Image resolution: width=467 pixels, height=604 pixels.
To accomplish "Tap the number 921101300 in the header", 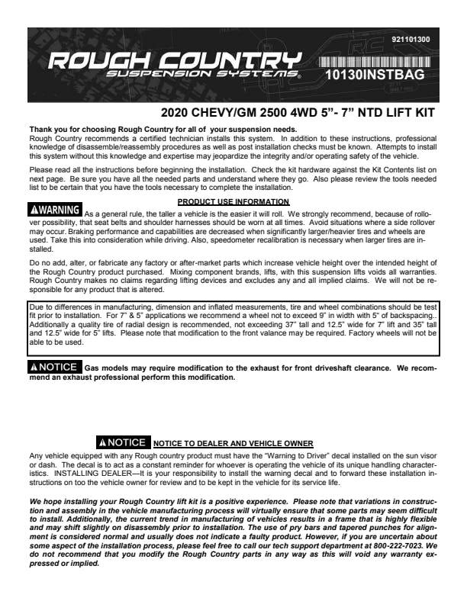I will pos(410,39).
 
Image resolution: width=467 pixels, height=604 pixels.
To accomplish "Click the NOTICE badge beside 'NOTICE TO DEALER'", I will pos(123,442).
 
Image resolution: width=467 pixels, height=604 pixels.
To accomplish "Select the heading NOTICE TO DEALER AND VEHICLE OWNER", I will pos(222,443).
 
